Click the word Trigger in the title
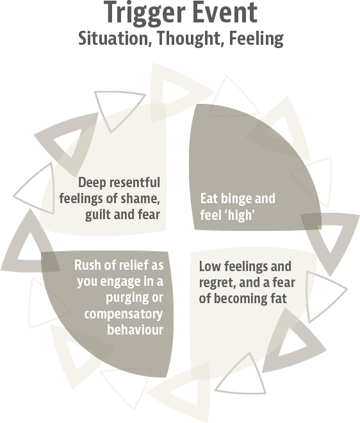pos(144,13)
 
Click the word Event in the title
pos(225,12)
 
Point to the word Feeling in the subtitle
pos(256,39)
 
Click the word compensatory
pos(124,314)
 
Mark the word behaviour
pos(135,329)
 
